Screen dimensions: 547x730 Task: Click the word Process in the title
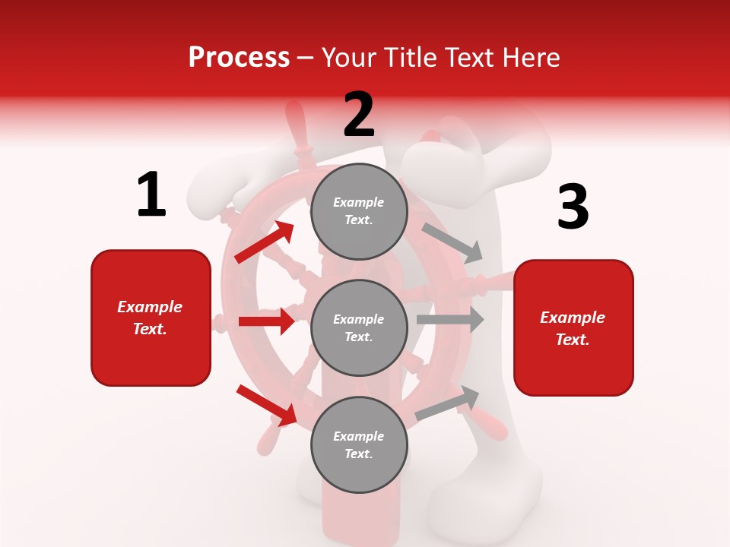click(x=239, y=57)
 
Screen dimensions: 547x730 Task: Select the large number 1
click(x=151, y=194)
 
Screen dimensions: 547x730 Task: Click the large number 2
click(x=359, y=114)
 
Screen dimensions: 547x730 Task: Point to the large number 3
click(x=573, y=207)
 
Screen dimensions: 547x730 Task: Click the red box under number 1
click(x=151, y=318)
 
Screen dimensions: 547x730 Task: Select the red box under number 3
click(x=573, y=327)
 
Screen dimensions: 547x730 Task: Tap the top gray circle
click(x=359, y=210)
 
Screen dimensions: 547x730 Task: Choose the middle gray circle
click(x=359, y=327)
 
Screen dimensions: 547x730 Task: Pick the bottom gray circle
click(x=359, y=444)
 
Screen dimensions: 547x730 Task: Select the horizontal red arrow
click(x=267, y=321)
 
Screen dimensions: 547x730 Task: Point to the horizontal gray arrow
click(x=450, y=319)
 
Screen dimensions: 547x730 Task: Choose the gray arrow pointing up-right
click(x=448, y=403)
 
